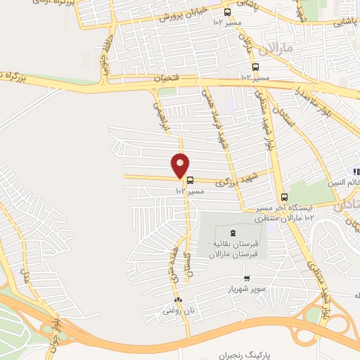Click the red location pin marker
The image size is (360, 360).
[x=181, y=165]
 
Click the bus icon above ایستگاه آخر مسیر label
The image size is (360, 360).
[x=284, y=197]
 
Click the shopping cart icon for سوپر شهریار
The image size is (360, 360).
[x=245, y=278]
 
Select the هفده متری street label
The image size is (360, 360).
[x=172, y=271]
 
